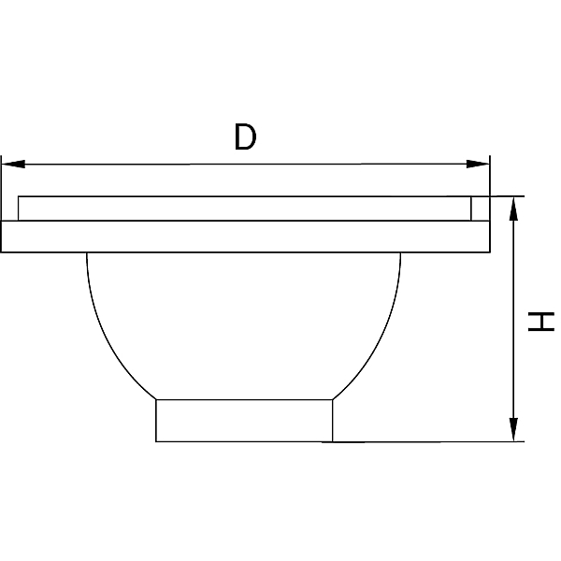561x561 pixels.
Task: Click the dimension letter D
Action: (x=245, y=137)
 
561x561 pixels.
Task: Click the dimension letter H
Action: (x=541, y=322)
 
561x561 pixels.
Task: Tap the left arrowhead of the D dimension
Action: (x=13, y=165)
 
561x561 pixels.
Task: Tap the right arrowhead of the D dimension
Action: (x=478, y=165)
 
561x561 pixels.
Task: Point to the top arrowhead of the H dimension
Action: (x=513, y=209)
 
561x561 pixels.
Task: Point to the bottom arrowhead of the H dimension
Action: (x=513, y=429)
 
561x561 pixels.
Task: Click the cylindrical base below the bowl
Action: (x=244, y=421)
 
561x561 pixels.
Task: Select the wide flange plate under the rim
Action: (x=245, y=237)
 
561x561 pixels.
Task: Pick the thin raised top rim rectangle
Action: (x=245, y=209)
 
